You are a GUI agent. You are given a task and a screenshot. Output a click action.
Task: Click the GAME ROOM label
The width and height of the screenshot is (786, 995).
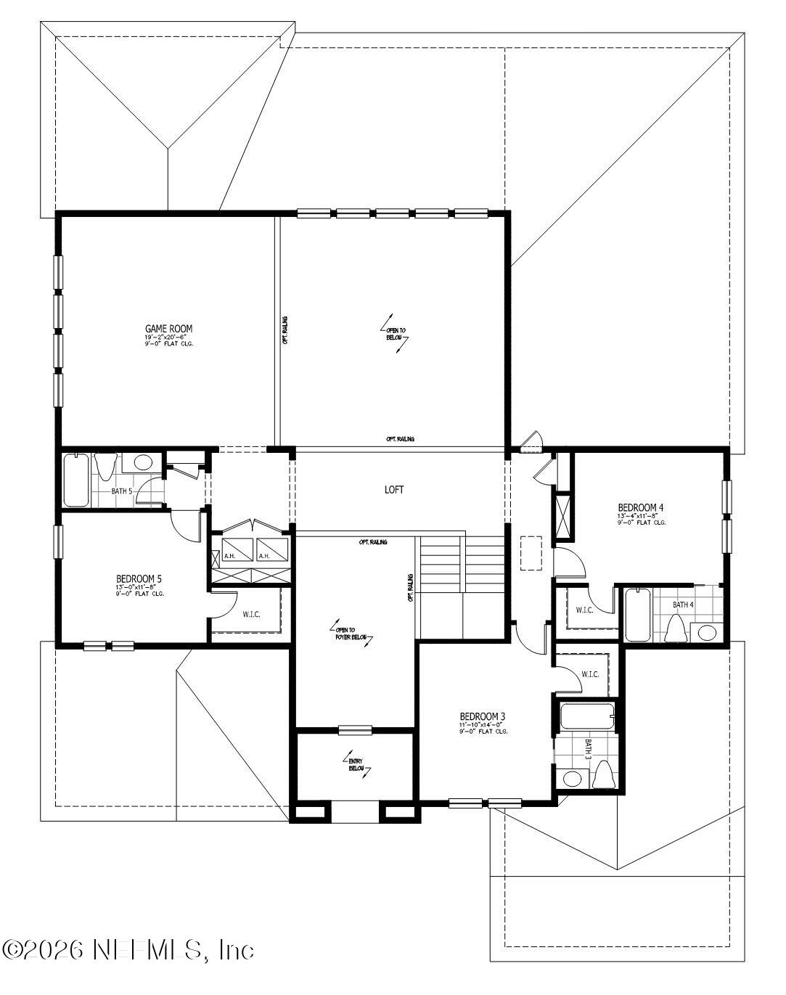click(168, 329)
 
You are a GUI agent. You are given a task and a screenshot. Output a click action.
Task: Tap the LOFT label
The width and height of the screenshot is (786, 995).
click(394, 490)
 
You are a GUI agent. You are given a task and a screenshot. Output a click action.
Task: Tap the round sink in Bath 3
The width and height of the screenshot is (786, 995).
click(573, 779)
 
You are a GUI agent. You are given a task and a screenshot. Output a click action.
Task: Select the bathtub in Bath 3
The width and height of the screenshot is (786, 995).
click(586, 717)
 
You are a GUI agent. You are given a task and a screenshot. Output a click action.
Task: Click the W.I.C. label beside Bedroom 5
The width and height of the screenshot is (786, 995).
click(251, 615)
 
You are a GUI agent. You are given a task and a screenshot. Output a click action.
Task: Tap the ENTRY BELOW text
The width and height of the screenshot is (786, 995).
click(356, 763)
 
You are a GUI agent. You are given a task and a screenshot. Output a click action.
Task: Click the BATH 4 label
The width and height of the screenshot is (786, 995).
click(683, 605)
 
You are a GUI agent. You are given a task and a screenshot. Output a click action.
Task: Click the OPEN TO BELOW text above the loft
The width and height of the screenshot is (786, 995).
click(395, 335)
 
